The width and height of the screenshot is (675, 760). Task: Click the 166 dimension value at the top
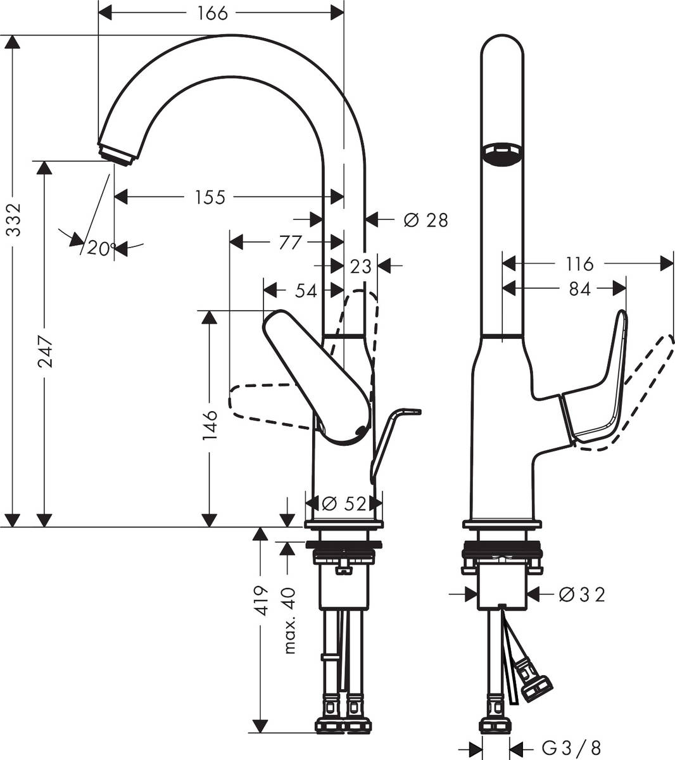coord(212,13)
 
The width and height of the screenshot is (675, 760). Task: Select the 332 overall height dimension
coord(13,220)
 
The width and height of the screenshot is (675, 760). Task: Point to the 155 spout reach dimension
coord(210,198)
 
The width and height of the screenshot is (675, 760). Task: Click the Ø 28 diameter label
coord(426,220)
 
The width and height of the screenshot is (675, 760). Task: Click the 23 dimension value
coord(360,267)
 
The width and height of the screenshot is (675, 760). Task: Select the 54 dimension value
coord(306,291)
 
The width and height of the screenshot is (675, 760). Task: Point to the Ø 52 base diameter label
coord(344,504)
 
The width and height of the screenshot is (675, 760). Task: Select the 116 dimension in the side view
coord(579,263)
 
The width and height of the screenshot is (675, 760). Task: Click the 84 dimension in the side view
coord(579,289)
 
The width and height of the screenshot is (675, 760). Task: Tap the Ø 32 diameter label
coord(583,595)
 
